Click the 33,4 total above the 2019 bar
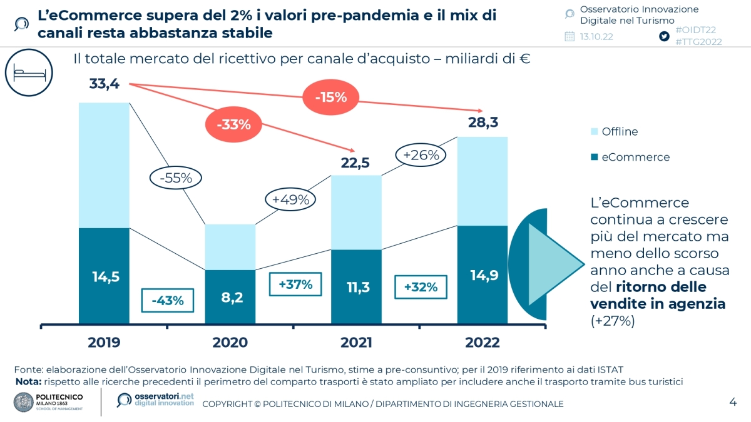pos(104,84)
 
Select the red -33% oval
pos(233,124)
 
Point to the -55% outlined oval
pos(175,178)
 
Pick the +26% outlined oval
pos(421,154)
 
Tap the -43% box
pos(168,300)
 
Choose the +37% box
pos(295,284)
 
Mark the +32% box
pos(421,288)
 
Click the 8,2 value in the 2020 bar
pos(231,298)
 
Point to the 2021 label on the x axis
pos(356,343)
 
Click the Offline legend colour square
pos(593,132)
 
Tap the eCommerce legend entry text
pos(635,157)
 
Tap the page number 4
pos(732,401)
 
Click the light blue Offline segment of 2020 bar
pos(231,247)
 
